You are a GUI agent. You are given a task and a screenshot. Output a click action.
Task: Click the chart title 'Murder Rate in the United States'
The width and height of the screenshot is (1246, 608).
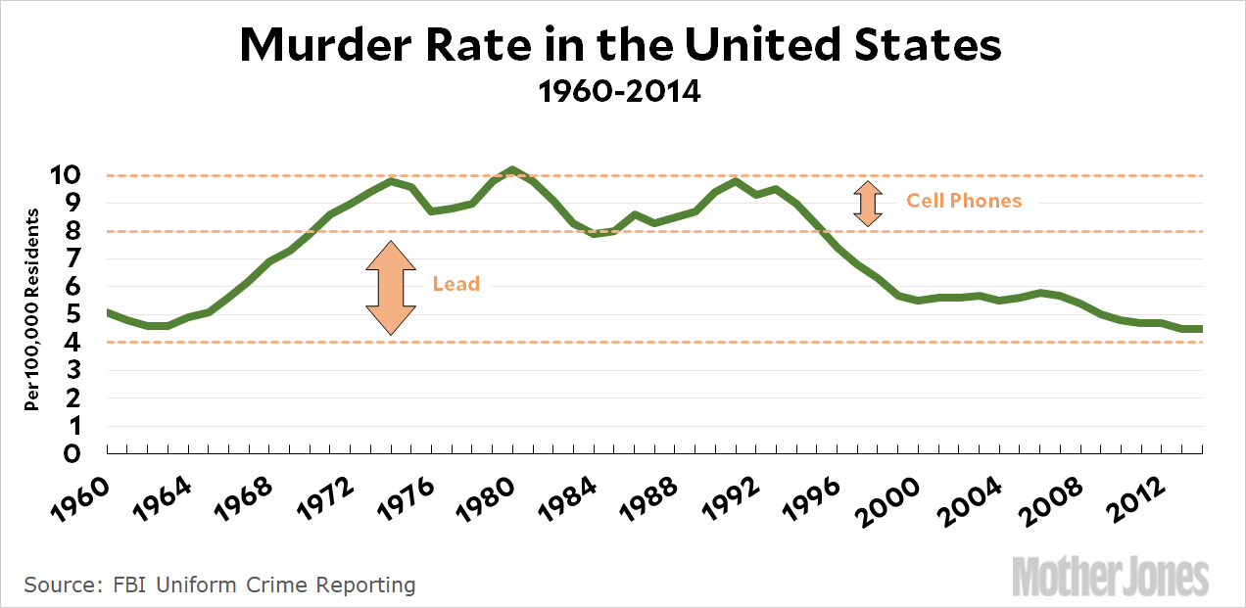click(621, 46)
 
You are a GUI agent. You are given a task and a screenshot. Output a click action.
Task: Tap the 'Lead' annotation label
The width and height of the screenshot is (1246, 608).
click(456, 285)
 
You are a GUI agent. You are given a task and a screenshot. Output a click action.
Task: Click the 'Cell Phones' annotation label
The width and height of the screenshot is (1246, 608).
click(963, 201)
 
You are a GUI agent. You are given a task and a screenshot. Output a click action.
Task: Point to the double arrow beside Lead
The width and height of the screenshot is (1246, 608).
click(391, 288)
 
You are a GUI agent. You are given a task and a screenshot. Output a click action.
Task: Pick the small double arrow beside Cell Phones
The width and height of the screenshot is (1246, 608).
click(867, 203)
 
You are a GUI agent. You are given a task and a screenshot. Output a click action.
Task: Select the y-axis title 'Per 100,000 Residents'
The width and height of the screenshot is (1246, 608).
click(32, 308)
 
